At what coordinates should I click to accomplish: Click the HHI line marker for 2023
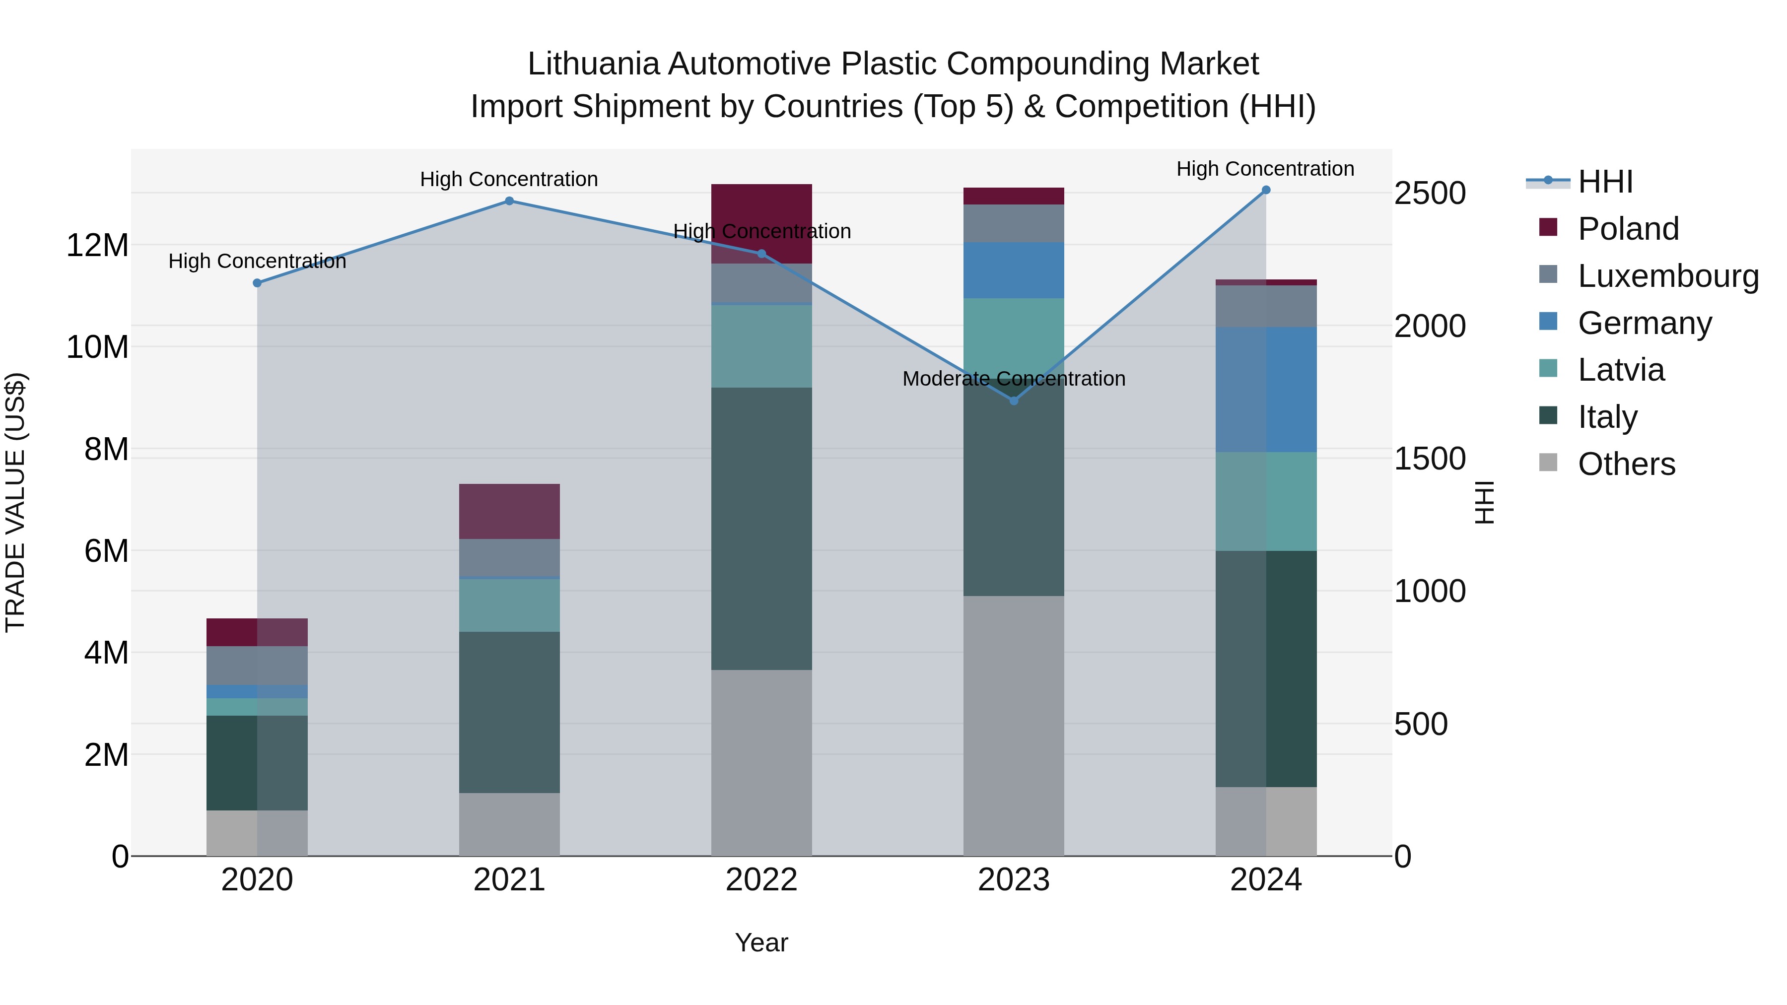tap(1014, 401)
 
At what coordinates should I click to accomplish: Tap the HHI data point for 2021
tap(509, 201)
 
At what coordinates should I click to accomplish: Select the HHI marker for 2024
tap(1266, 190)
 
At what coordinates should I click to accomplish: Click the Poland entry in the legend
tap(1628, 229)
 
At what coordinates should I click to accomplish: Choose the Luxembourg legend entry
tap(1668, 276)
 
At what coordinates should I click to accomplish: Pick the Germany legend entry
tap(1644, 323)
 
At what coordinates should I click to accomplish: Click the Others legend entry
tap(1626, 464)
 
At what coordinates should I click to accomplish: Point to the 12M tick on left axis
tap(97, 246)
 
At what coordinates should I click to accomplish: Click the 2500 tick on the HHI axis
tap(1431, 193)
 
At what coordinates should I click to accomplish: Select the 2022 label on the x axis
tap(761, 880)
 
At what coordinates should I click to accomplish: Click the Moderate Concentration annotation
tap(1014, 379)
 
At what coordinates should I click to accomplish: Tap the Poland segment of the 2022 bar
tap(761, 208)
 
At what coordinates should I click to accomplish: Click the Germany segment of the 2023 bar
tap(1014, 270)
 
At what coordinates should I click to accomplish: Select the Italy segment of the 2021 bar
tap(509, 712)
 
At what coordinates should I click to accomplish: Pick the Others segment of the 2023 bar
tap(1014, 726)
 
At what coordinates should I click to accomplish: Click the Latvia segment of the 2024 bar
tap(1266, 501)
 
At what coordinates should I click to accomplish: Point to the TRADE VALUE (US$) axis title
tap(15, 502)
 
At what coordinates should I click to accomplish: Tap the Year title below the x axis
tap(761, 942)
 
